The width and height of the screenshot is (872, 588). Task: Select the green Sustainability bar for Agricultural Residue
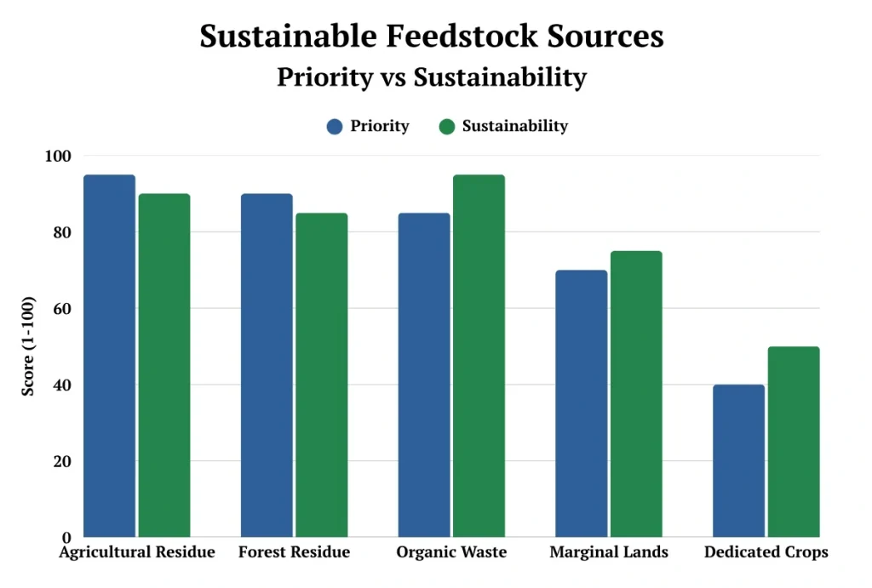[x=164, y=366]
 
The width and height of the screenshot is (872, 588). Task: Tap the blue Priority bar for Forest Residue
[x=267, y=366]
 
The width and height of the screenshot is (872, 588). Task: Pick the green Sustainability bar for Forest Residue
[x=322, y=375]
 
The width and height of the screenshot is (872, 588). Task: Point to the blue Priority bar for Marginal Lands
[x=581, y=403]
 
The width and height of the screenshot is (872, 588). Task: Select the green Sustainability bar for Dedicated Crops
[x=793, y=442]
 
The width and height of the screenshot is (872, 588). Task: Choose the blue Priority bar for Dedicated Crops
[x=738, y=460]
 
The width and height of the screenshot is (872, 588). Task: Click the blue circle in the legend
[x=335, y=127]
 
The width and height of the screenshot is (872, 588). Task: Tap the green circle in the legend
[x=447, y=127]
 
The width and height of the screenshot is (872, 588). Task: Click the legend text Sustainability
[x=514, y=126]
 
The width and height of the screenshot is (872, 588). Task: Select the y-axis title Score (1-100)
[x=29, y=346]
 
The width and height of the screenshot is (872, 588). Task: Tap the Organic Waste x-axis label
[x=451, y=552]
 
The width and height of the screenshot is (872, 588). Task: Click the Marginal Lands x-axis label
[x=609, y=552]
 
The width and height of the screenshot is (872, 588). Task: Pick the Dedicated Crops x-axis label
[x=766, y=552]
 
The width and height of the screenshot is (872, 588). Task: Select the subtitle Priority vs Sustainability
[x=432, y=77]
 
